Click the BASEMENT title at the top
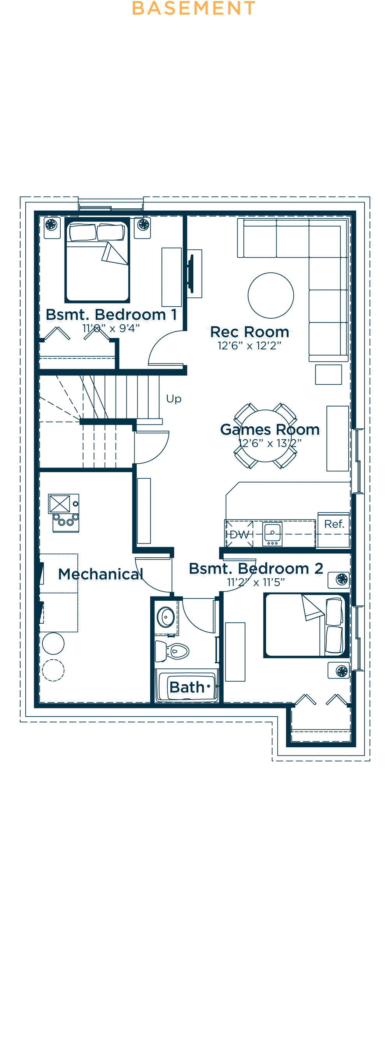coord(194,8)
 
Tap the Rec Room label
coord(250,332)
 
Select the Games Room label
coord(270,429)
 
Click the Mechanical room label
coord(100,574)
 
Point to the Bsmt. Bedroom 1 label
coord(111,315)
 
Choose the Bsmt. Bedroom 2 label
coord(256,569)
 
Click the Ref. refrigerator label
coord(334,524)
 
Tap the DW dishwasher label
coord(240,534)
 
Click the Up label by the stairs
coord(174,399)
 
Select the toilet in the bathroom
coord(172,651)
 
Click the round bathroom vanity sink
coord(166,617)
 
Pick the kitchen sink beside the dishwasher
coord(272,534)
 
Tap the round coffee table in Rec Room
coord(271,295)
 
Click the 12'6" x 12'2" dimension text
coord(250,346)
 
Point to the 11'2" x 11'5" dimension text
coord(256,582)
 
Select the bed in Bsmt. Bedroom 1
coord(97,260)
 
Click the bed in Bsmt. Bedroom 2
coord(307,625)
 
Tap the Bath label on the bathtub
coord(187,687)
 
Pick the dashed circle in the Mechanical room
coord(53,670)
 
